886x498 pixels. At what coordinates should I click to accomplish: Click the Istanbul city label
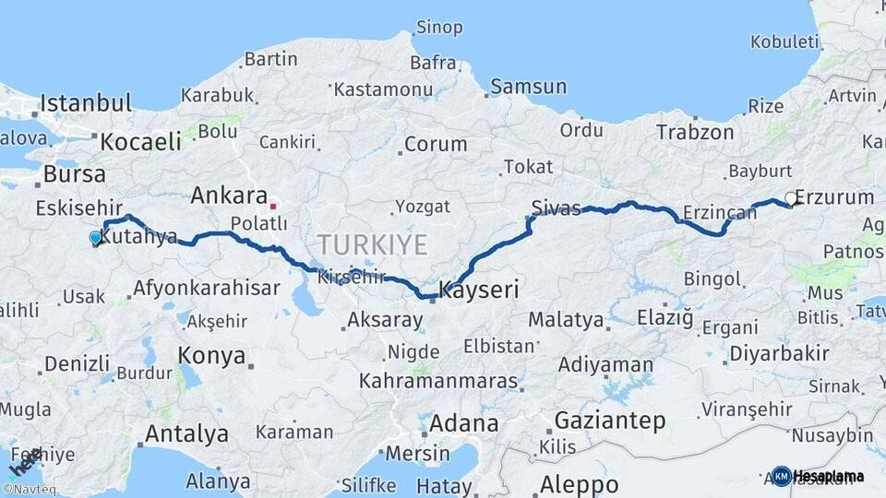(x=86, y=102)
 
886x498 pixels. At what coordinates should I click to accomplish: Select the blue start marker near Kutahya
(x=95, y=238)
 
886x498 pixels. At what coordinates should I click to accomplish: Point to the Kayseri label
(x=479, y=290)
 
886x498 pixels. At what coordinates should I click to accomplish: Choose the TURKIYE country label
(x=373, y=244)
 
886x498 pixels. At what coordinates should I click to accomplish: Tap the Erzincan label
(x=720, y=213)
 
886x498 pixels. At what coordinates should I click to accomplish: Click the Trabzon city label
(x=695, y=132)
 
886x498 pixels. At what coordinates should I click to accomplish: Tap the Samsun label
(x=529, y=87)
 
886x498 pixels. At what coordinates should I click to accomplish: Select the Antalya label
(x=187, y=433)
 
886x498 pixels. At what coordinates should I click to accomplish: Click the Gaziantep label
(x=609, y=421)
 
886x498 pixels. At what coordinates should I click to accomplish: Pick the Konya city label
(x=212, y=355)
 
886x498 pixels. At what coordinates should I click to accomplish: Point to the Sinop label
(x=439, y=27)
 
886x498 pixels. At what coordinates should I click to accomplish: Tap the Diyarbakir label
(x=779, y=354)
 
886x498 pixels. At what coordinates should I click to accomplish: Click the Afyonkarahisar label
(x=206, y=288)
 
